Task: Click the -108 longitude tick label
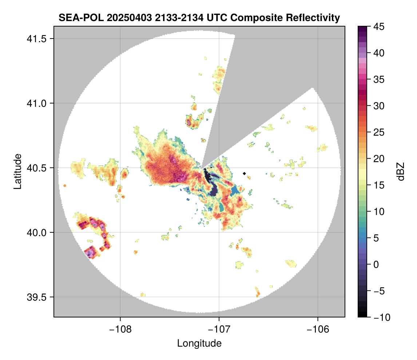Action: click(x=120, y=329)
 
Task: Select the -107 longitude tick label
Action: click(x=219, y=329)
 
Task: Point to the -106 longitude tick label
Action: click(x=318, y=329)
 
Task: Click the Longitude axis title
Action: click(x=199, y=343)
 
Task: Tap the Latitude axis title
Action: click(x=17, y=171)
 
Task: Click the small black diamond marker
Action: click(x=244, y=173)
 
